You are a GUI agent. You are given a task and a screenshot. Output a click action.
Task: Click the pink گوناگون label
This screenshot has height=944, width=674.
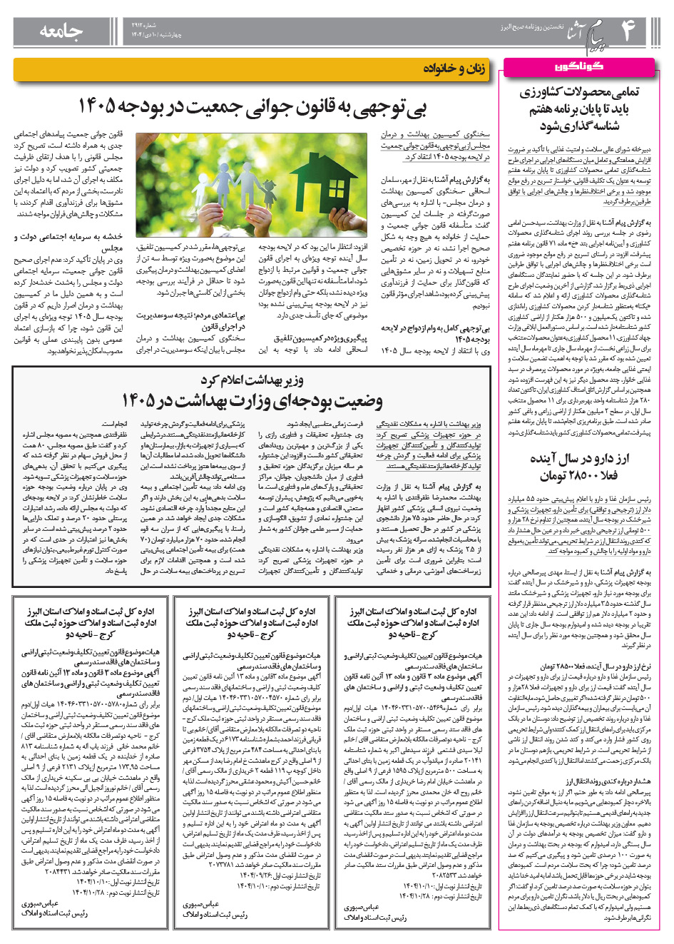(x=577, y=66)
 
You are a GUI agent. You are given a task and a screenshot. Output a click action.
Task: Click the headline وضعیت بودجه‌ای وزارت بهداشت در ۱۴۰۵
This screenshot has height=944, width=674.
(x=252, y=400)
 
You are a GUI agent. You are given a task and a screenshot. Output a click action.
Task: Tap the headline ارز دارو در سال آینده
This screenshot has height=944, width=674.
(x=579, y=458)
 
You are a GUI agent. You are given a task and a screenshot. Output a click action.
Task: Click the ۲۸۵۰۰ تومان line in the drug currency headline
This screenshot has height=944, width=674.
(x=578, y=475)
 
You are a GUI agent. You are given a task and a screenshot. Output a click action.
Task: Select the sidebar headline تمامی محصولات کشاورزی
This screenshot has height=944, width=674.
(x=579, y=92)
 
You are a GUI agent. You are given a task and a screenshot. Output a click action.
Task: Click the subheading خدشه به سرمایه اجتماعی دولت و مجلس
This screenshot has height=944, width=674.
(x=68, y=242)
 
